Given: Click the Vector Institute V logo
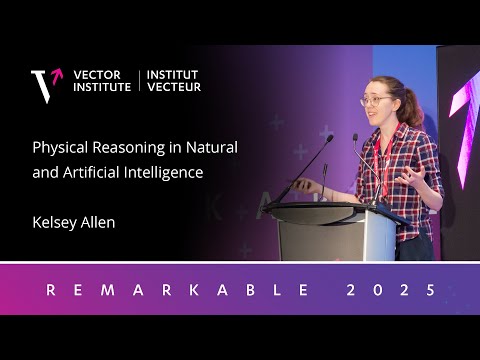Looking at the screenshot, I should pos(45,85).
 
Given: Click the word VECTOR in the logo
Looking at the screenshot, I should pos(98,74).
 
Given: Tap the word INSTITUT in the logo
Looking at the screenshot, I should pos(173,74).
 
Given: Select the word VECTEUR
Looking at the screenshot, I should pos(175,87).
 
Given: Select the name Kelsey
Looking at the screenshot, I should pos(53,222).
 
